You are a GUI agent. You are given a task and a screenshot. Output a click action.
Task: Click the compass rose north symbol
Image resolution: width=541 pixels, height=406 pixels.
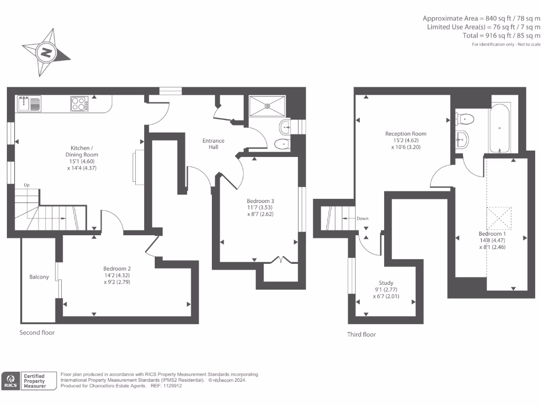point(46,52)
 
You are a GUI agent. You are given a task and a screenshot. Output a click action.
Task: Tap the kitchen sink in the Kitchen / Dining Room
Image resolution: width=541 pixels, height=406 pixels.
point(29,104)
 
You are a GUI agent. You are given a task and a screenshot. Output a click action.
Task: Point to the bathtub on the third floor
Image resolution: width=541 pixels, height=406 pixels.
point(500,127)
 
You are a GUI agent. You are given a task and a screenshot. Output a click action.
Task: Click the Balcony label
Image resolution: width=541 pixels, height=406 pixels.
point(39,277)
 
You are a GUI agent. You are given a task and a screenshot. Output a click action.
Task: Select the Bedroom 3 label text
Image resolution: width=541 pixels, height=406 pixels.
point(260,201)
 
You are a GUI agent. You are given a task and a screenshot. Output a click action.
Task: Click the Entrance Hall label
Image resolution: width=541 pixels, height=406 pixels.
point(213,144)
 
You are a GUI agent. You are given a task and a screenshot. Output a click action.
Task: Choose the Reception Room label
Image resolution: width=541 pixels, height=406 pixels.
point(406,134)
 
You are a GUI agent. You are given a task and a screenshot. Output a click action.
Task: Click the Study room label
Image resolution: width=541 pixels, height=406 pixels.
point(386,283)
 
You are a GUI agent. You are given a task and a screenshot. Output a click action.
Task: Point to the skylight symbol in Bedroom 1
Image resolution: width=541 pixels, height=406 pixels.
point(499,217)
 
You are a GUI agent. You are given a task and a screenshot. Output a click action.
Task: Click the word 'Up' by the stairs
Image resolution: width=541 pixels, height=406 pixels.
point(26,185)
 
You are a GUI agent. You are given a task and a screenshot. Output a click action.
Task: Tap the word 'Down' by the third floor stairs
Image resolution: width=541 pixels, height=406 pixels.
point(362,218)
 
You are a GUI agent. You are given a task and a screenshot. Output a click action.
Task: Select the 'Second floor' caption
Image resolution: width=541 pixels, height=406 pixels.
point(37,333)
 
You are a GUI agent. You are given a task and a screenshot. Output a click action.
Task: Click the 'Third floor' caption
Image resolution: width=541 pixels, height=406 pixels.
point(361,334)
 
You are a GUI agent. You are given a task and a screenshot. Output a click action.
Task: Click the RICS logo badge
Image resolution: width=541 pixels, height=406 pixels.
point(10,381)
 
